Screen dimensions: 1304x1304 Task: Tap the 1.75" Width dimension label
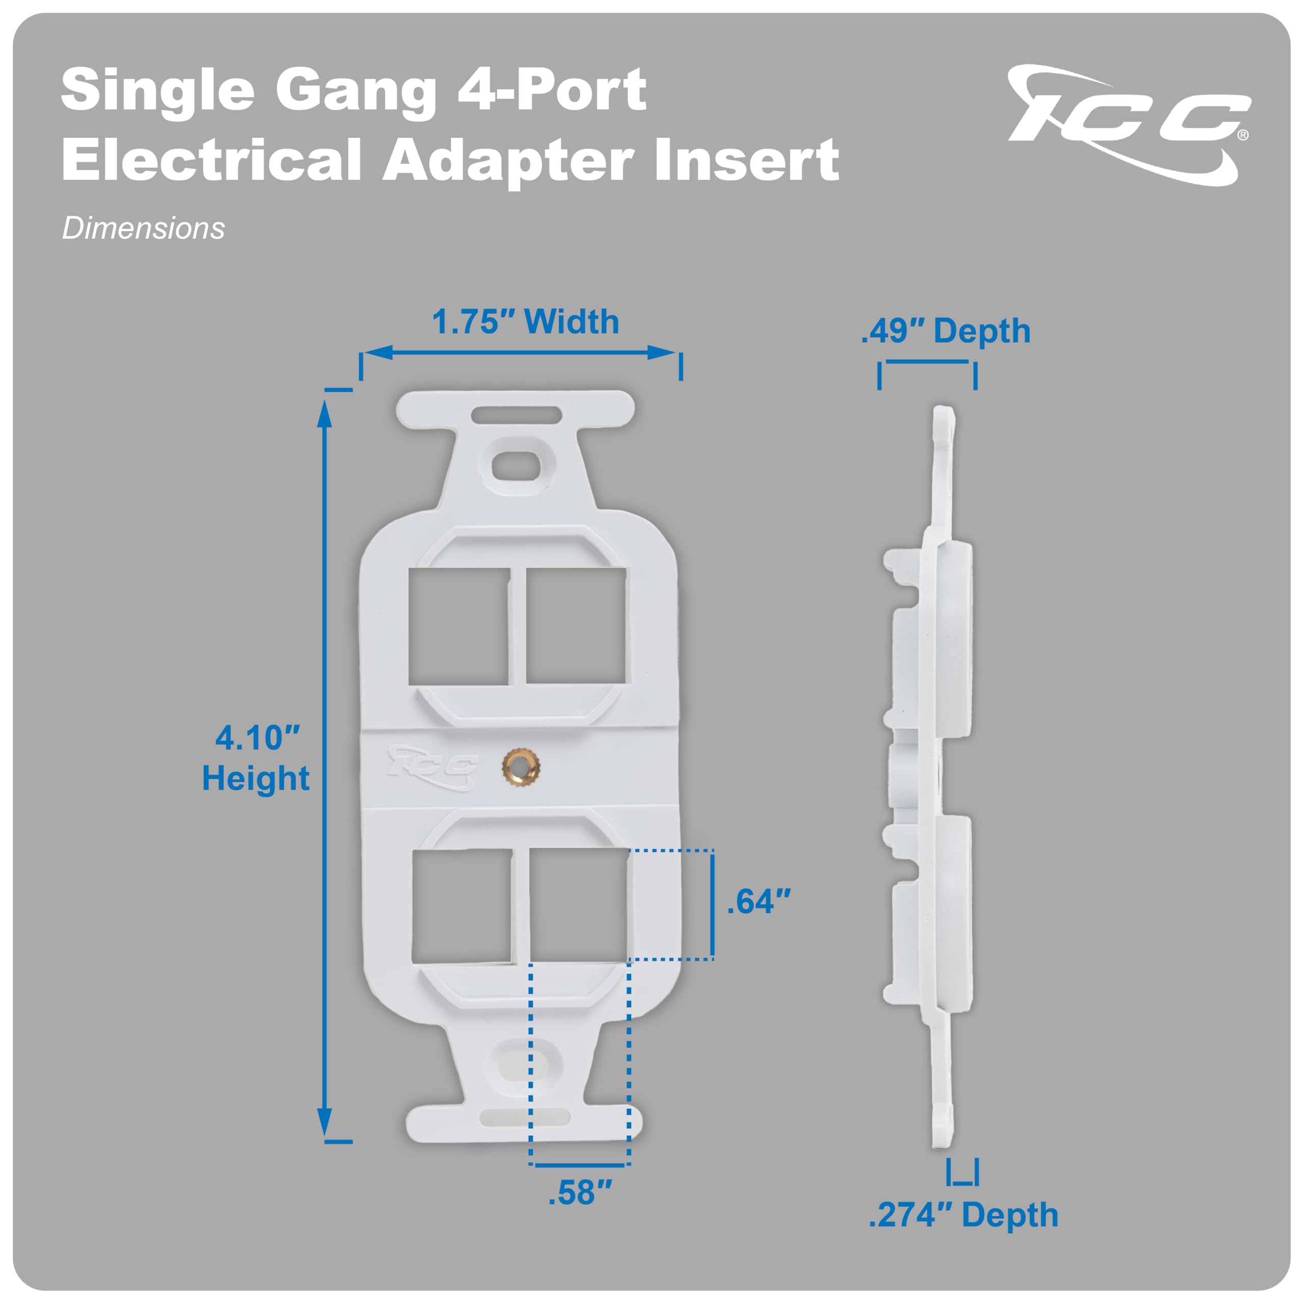[x=525, y=321]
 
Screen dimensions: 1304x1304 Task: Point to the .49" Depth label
[x=945, y=331]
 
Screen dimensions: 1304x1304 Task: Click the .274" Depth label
[x=963, y=1215]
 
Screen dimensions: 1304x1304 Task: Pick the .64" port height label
[x=758, y=902]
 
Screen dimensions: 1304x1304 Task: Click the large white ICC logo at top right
[x=1127, y=125]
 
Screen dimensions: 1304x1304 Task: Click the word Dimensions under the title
[x=143, y=228]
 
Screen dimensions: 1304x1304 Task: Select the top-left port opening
[x=458, y=627]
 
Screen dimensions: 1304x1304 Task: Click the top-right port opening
[x=576, y=625]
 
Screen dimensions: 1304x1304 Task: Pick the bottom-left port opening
[x=461, y=905]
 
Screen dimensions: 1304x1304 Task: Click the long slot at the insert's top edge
[x=517, y=414]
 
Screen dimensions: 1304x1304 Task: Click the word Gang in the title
[x=356, y=90]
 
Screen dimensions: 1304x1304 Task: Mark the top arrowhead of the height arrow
[x=324, y=413]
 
